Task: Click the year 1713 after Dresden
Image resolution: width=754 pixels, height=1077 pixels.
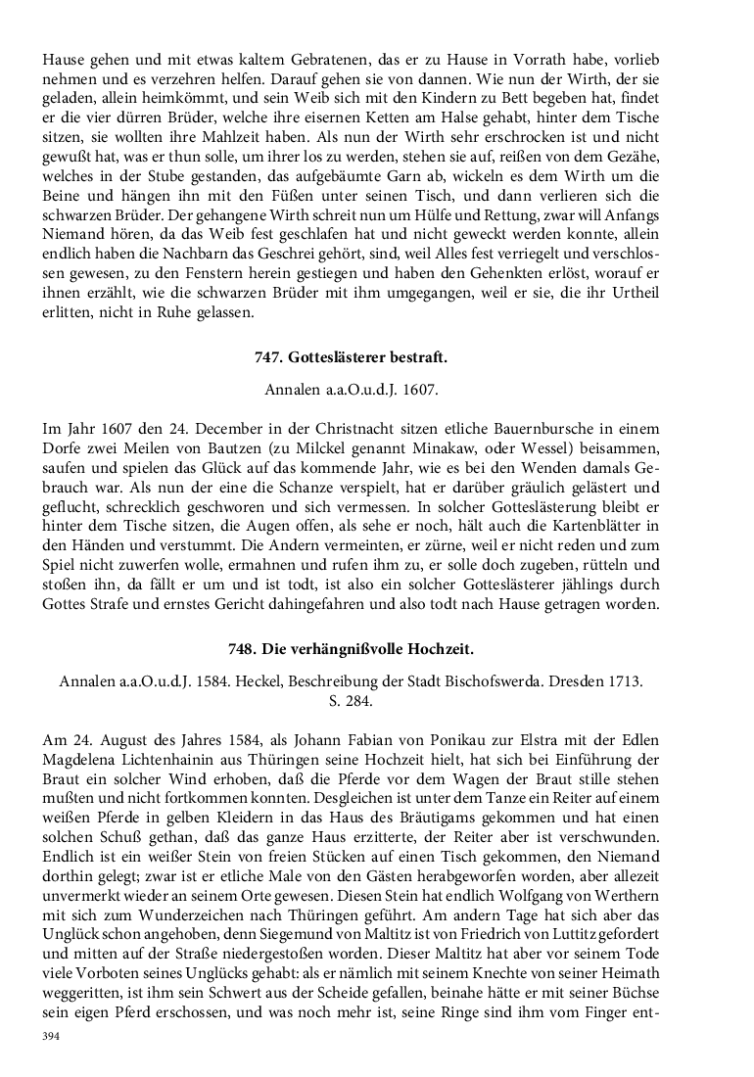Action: (x=617, y=681)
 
